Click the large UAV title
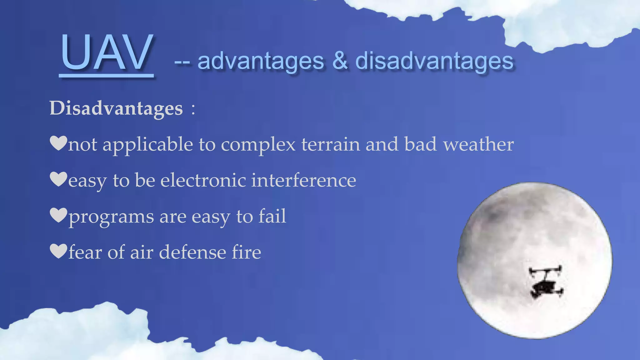coord(107,52)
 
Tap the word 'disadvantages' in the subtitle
coord(434,61)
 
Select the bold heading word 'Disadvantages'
coord(116,108)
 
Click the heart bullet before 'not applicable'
coord(58,143)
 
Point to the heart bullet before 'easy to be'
coord(58,179)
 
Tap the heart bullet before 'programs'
coord(58,215)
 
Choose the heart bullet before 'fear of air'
coord(58,251)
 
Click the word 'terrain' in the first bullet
coord(331,144)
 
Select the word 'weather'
coord(478,144)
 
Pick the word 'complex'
coord(258,145)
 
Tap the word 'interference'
coord(304,180)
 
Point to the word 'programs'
coord(111,217)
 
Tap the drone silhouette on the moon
coord(546,281)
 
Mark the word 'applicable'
coord(147,145)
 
